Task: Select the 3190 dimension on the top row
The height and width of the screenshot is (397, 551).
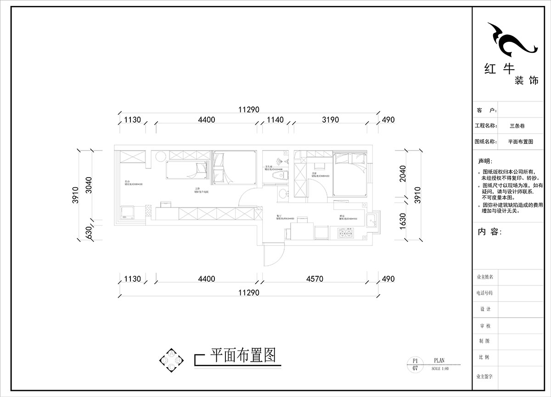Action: (330, 120)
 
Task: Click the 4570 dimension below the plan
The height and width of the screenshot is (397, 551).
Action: (315, 279)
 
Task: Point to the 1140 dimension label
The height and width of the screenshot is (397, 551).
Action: (275, 120)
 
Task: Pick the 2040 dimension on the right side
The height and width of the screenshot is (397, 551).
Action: (403, 174)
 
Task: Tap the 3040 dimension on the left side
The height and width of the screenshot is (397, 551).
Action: (89, 185)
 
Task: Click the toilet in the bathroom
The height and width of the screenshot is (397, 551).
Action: (278, 175)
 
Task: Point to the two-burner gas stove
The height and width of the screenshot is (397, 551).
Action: (346, 234)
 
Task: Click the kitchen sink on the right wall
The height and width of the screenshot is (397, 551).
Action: (372, 220)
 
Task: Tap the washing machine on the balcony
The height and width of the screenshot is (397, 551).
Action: (126, 212)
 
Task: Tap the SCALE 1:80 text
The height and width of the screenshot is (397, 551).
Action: (440, 368)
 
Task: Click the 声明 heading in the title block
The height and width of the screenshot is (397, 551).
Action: (484, 162)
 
